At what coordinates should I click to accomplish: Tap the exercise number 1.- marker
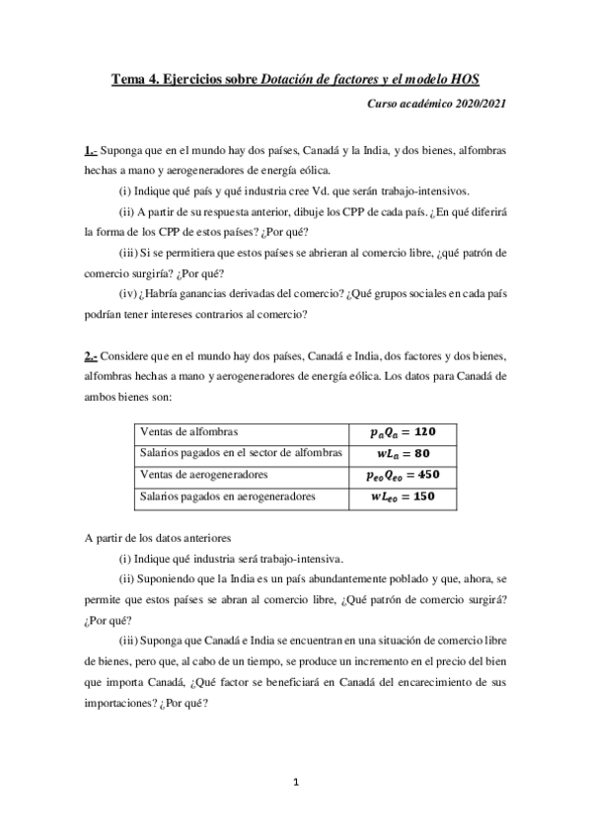click(90, 150)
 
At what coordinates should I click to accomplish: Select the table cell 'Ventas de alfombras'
click(190, 432)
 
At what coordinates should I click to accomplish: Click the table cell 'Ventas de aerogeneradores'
click(202, 475)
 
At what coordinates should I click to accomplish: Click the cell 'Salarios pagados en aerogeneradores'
click(228, 496)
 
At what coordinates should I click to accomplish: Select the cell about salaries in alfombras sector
click(242, 453)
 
